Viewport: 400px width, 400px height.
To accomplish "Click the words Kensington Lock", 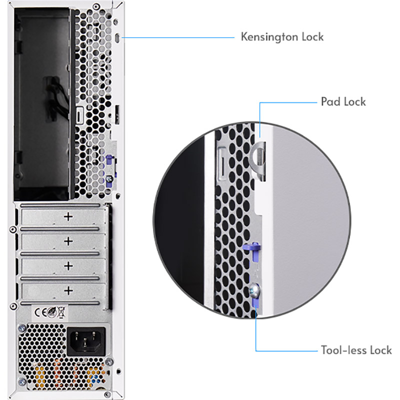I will coord(282,36).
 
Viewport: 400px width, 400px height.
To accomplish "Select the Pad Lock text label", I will coord(343,102).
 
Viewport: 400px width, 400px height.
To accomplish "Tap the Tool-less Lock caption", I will coord(356,350).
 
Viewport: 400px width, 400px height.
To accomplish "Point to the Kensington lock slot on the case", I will coord(116,38).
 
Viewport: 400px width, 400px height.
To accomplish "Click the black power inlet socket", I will coord(86,342).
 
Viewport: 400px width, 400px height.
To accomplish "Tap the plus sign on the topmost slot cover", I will coord(68,216).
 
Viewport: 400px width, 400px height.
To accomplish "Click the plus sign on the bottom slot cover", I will coord(68,290).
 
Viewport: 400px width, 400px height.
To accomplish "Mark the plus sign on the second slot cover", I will coord(68,241).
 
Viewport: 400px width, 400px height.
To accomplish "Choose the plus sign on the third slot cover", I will coord(68,265).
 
